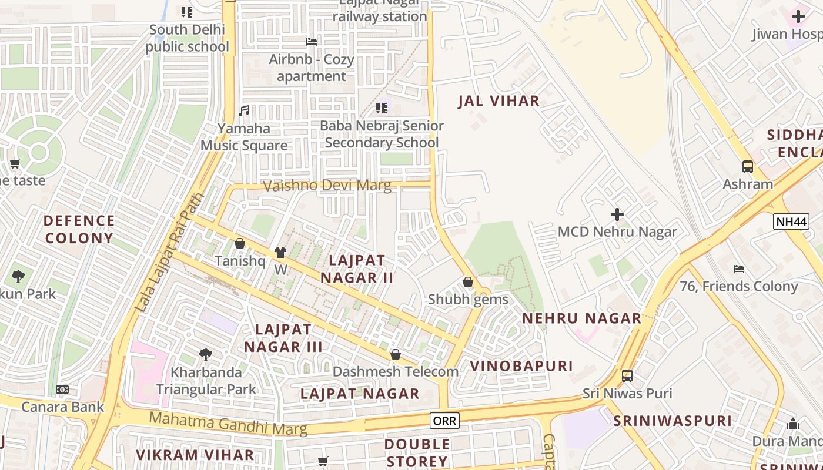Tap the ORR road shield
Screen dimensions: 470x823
pos(444,420)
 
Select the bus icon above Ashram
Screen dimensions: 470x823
pos(747,167)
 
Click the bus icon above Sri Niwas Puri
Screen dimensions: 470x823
pos(627,375)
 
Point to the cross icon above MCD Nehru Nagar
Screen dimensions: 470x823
pos(617,214)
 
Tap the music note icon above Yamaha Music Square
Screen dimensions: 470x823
pos(244,110)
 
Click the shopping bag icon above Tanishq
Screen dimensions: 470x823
pos(240,243)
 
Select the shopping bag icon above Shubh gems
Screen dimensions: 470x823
pos(468,282)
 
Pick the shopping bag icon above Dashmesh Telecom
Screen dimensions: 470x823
pos(396,354)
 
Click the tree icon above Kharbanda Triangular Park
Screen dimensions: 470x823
pos(206,354)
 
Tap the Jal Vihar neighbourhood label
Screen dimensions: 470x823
pos(499,101)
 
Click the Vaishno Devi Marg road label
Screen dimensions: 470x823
pos(327,186)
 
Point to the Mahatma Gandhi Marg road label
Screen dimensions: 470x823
pos(228,424)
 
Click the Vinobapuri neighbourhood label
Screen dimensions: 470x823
pos(521,366)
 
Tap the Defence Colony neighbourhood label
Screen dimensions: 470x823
pos(79,229)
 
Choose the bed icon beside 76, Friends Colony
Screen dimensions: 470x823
pos(739,268)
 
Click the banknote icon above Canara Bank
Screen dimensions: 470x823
pos(62,390)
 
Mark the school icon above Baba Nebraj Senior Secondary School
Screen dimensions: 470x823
pos(382,108)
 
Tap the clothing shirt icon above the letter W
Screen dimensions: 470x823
pos(280,253)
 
